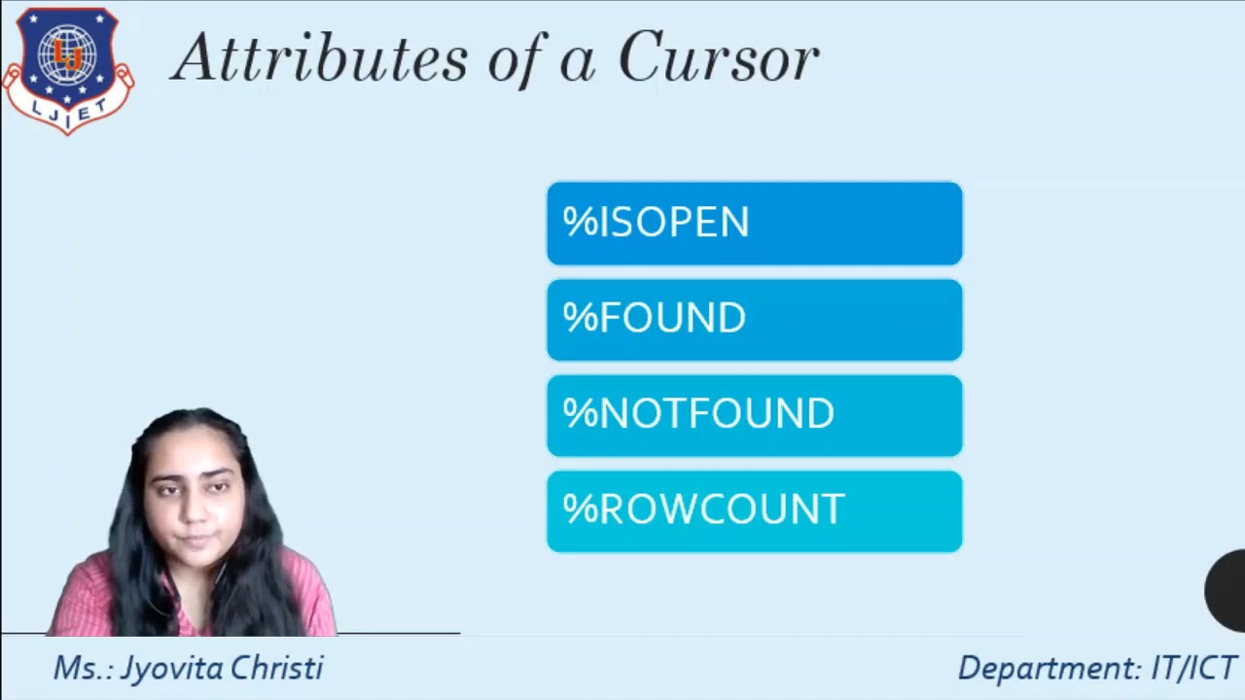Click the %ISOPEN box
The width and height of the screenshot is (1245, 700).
point(754,224)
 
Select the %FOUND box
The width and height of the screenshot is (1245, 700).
point(754,320)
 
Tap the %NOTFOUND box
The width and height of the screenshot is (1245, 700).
point(754,415)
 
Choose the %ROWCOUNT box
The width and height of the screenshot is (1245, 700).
point(754,511)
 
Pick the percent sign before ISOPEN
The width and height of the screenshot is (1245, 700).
point(580,223)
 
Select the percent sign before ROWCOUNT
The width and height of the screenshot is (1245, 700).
point(580,509)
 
